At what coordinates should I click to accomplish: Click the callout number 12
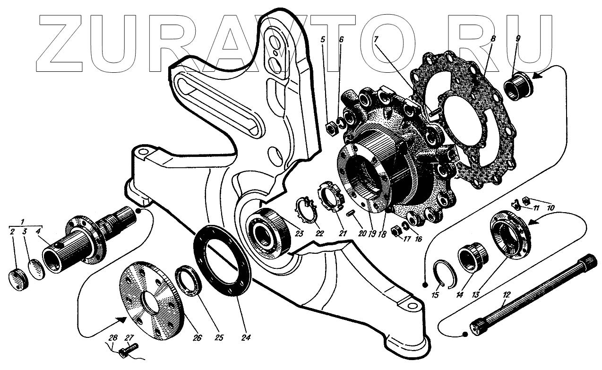507,295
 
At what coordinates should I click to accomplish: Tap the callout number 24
246,337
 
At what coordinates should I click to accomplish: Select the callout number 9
518,39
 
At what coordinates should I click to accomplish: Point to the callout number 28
113,338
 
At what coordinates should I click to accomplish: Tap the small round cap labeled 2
18,279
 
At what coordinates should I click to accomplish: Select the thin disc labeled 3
36,269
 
